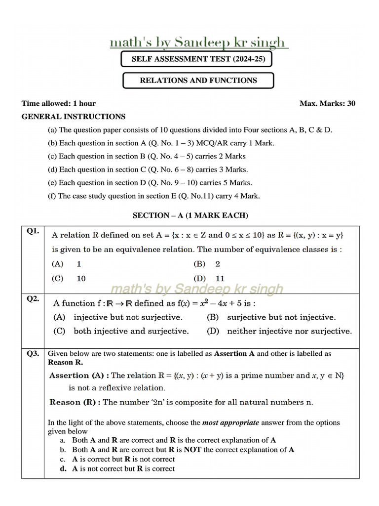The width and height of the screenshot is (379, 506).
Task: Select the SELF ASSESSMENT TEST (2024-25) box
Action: tap(196, 59)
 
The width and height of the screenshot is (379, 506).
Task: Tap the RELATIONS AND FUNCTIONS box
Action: tap(198, 80)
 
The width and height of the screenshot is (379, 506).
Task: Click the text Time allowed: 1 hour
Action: tap(59, 103)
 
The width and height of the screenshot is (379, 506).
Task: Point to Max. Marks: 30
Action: tap(327, 103)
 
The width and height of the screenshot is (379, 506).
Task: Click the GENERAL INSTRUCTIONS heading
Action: tap(74, 117)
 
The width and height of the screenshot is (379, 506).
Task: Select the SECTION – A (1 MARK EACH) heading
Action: tap(190, 215)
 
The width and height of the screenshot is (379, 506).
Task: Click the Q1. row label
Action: tap(33, 231)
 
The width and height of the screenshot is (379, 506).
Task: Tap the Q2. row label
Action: tap(33, 298)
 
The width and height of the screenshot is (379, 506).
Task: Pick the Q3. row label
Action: tap(33, 354)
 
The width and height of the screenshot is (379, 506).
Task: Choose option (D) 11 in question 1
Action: tap(209, 278)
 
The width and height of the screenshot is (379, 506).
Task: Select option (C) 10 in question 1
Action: tap(69, 278)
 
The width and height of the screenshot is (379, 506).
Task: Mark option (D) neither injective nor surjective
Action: tap(279, 331)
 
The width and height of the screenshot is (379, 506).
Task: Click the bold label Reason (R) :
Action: tap(75, 402)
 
